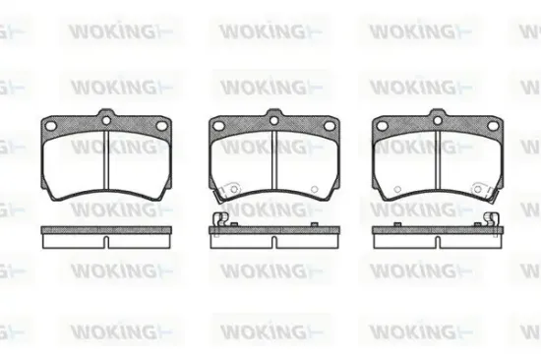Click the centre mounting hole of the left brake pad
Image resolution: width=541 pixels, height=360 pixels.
point(106,120)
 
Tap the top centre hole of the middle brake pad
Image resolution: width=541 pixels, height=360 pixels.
point(272,120)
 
